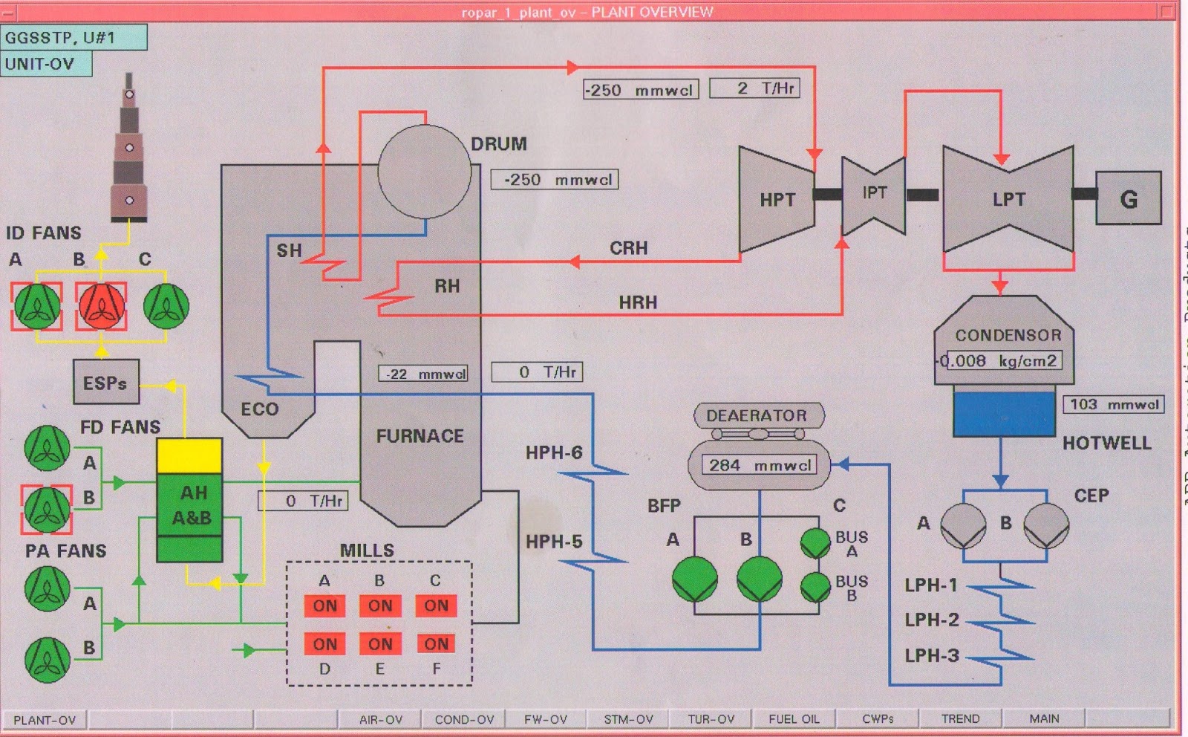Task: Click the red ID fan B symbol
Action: (101, 306)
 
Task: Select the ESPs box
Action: (105, 383)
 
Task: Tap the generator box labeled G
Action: (1128, 198)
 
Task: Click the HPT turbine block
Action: (776, 199)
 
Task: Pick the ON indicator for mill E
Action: (380, 643)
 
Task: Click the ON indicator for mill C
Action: (436, 605)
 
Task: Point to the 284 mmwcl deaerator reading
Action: (759, 465)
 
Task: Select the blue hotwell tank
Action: (1004, 414)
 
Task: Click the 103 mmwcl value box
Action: (1113, 404)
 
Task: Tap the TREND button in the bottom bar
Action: (960, 718)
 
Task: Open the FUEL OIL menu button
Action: (794, 718)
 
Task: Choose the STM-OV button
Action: (628, 718)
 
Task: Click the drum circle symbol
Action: (424, 172)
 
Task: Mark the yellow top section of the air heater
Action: (189, 455)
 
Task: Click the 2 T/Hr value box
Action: (754, 88)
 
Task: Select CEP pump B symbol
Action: (1046, 525)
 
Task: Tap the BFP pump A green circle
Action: (694, 579)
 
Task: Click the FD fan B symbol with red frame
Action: (47, 510)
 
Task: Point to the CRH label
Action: (628, 248)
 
